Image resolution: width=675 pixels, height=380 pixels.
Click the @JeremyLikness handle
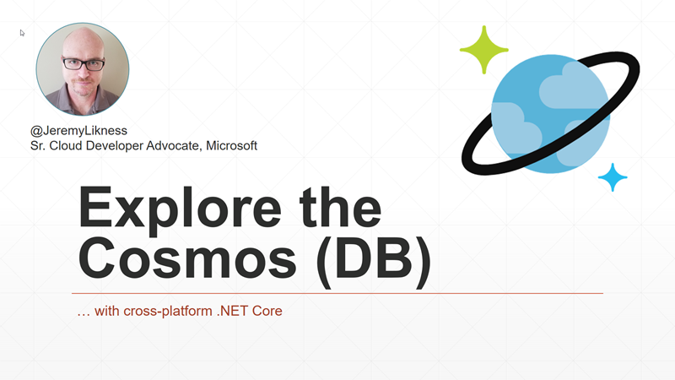[x=78, y=132]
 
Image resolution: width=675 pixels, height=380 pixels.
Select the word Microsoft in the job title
[x=229, y=145]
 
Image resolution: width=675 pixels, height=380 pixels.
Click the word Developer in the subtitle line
[x=112, y=145]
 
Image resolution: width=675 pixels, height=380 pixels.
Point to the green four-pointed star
[x=484, y=50]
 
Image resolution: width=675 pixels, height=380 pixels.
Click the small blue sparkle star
[x=613, y=177]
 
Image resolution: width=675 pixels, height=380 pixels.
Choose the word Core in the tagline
[x=267, y=311]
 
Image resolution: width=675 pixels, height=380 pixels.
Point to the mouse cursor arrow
[x=23, y=33]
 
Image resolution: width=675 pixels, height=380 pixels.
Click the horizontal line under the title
[x=337, y=293]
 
